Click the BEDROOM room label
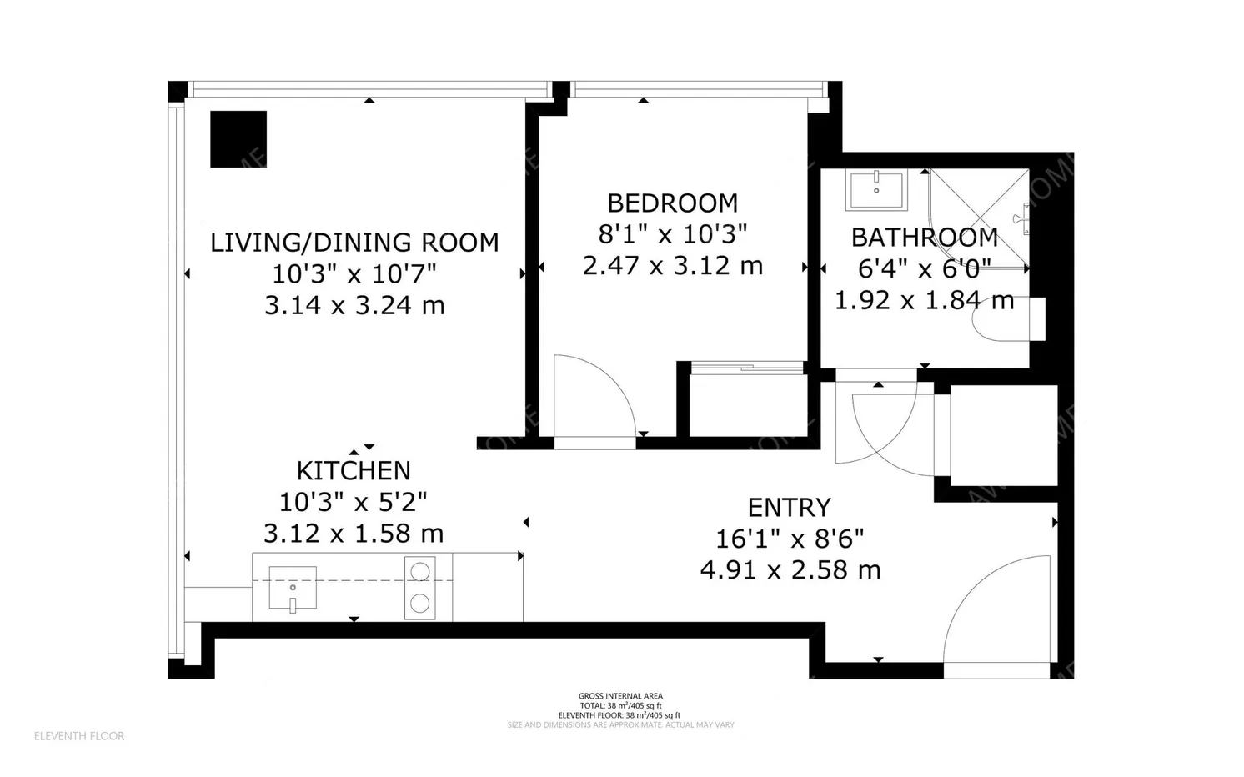tap(672, 203)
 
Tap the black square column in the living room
tap(238, 139)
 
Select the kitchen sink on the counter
tap(293, 587)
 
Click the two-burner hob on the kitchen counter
tap(420, 588)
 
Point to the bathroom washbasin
tap(876, 190)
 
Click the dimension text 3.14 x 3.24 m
tap(354, 306)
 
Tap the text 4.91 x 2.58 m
tap(790, 570)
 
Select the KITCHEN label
tap(354, 470)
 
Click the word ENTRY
tap(789, 507)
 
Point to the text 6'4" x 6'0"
tap(924, 269)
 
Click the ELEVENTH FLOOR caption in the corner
tap(79, 736)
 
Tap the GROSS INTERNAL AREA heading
tap(620, 696)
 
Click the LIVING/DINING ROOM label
tap(354, 243)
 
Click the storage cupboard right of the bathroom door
tap(1004, 435)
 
